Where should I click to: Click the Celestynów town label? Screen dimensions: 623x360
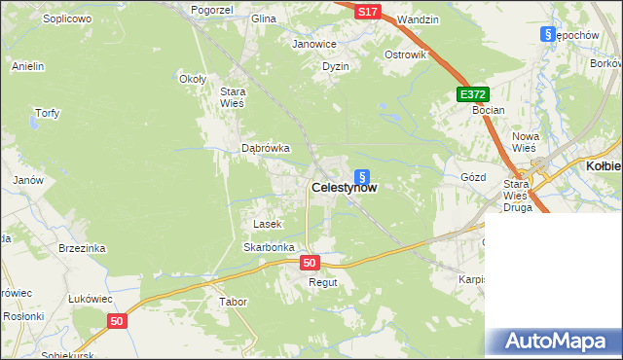344,189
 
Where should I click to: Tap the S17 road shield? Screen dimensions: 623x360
366,12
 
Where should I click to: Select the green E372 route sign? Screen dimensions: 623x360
473,93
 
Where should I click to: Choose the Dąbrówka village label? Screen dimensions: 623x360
266,148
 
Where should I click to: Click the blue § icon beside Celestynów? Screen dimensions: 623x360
362,177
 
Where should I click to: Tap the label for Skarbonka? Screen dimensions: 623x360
269,247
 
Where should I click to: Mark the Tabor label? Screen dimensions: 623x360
234,302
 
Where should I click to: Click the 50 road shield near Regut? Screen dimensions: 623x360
310,263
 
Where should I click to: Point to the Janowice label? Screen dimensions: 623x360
314,44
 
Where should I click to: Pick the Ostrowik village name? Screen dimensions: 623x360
406,54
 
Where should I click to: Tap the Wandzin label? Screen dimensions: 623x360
419,19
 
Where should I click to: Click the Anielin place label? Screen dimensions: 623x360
28,66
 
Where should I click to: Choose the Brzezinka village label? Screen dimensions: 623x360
82,248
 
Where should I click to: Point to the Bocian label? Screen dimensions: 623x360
488,110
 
